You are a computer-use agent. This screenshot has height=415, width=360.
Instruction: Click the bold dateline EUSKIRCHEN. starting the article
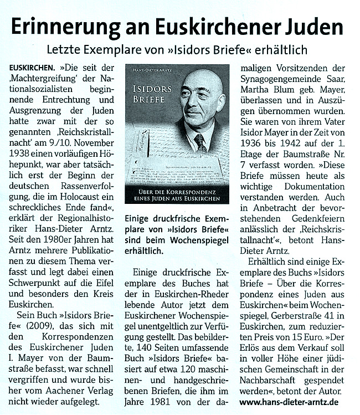coord(35,68)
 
